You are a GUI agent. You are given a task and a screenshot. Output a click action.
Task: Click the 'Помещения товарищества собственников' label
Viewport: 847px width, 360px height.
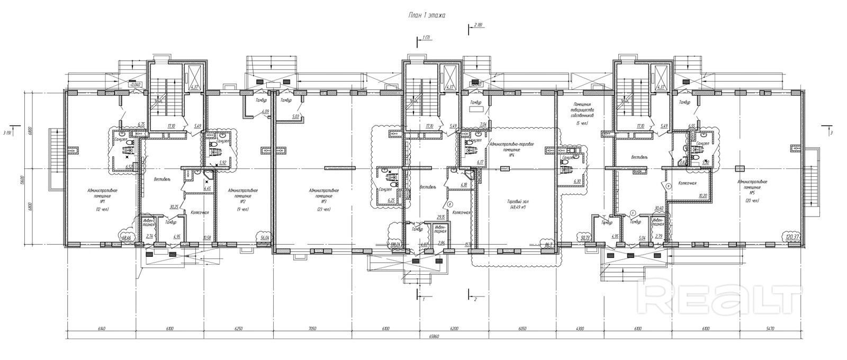(586, 110)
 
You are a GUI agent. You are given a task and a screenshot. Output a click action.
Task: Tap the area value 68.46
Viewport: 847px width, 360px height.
(126, 239)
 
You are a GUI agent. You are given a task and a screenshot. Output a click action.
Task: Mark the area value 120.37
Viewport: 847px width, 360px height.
(792, 236)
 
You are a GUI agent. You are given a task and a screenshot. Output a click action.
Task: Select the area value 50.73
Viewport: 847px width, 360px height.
(585, 239)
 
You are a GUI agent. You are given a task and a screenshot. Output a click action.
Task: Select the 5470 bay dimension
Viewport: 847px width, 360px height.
(770, 329)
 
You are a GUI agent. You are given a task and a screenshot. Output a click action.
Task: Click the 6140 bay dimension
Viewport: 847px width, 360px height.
(102, 329)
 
